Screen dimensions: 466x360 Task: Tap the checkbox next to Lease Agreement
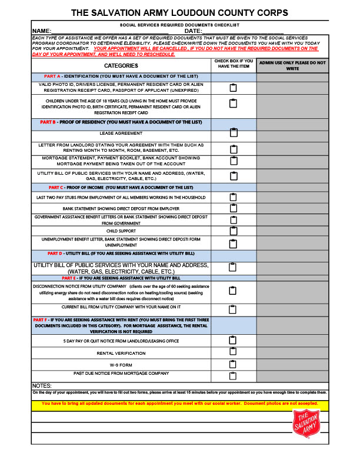click(x=233, y=134)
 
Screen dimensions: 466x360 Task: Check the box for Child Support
click(x=233, y=231)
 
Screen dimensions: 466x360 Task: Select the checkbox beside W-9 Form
click(x=233, y=364)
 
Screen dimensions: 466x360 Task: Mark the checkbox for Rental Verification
click(x=233, y=352)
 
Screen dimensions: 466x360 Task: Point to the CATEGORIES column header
click(x=121, y=65)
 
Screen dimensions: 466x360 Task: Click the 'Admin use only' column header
click(x=292, y=65)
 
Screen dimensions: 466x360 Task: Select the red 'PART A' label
click(x=52, y=76)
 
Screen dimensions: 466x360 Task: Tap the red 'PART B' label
click(x=48, y=122)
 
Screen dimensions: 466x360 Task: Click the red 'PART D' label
click(x=55, y=253)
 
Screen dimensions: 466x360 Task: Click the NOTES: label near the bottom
click(x=42, y=385)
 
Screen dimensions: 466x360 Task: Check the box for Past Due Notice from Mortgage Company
click(x=233, y=375)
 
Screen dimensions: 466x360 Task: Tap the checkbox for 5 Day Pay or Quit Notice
click(x=233, y=340)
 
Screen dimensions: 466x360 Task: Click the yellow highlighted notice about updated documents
click(x=180, y=404)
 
